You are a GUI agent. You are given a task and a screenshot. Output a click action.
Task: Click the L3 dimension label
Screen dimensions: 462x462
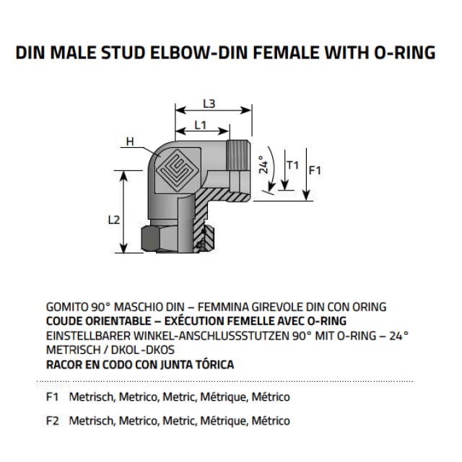pyautogui.click(x=209, y=103)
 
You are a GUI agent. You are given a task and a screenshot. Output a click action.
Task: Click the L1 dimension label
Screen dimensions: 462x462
pyautogui.click(x=201, y=125)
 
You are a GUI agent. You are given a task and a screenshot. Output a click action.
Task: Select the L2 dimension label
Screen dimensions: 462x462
pyautogui.click(x=114, y=219)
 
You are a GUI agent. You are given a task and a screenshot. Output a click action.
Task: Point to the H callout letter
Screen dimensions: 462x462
pyautogui.click(x=130, y=141)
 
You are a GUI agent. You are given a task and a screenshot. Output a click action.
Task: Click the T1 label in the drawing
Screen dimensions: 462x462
pyautogui.click(x=293, y=165)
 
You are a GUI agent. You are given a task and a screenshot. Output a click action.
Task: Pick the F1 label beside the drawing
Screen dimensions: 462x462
pyautogui.click(x=315, y=170)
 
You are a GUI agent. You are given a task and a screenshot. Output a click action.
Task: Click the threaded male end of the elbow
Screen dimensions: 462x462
pyautogui.click(x=239, y=155)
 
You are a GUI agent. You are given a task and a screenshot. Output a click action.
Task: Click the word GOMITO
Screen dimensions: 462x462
pyautogui.click(x=66, y=307)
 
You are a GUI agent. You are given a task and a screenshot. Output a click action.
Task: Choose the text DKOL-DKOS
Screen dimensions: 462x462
pyautogui.click(x=143, y=349)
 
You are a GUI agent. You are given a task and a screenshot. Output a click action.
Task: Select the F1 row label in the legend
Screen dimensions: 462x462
pyautogui.click(x=52, y=397)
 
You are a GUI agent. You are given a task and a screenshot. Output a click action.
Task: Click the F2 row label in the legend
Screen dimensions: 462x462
pyautogui.click(x=53, y=420)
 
